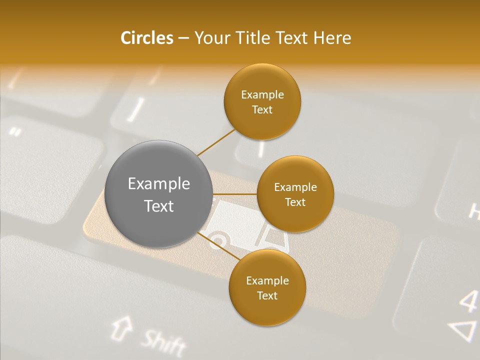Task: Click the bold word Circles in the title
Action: click(x=146, y=38)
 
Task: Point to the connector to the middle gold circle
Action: click(x=234, y=194)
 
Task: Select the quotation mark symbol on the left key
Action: click(x=15, y=132)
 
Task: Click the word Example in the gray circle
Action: click(x=159, y=184)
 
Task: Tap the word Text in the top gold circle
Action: click(x=262, y=110)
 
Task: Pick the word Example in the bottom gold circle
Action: click(x=267, y=281)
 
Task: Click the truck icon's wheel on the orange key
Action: click(x=218, y=240)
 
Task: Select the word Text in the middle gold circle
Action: click(x=295, y=202)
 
